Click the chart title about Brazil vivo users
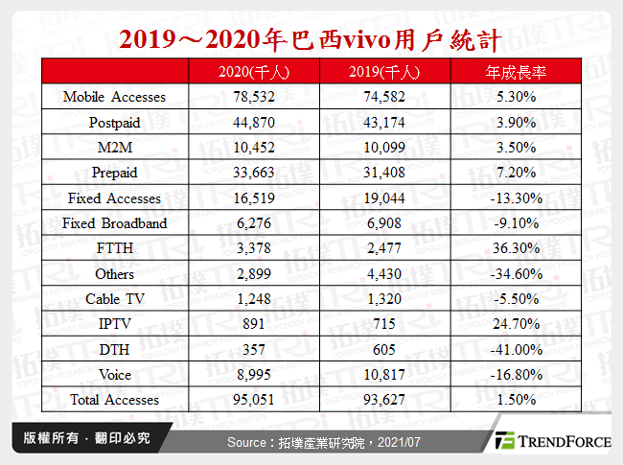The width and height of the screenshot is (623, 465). [311, 39]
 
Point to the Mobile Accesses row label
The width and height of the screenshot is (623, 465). [114, 97]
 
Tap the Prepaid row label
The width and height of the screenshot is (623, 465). [114, 173]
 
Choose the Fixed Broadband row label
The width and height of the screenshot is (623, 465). [114, 223]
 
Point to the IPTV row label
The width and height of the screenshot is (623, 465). [114, 324]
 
